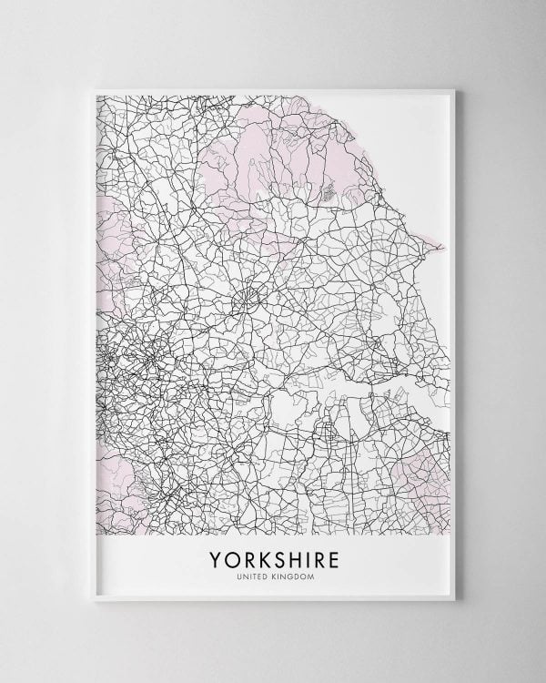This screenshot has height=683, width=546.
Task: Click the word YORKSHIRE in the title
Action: pos(272,558)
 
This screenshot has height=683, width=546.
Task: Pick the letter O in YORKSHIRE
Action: pos(231,558)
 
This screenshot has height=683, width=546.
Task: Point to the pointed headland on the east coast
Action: pos(441,244)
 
